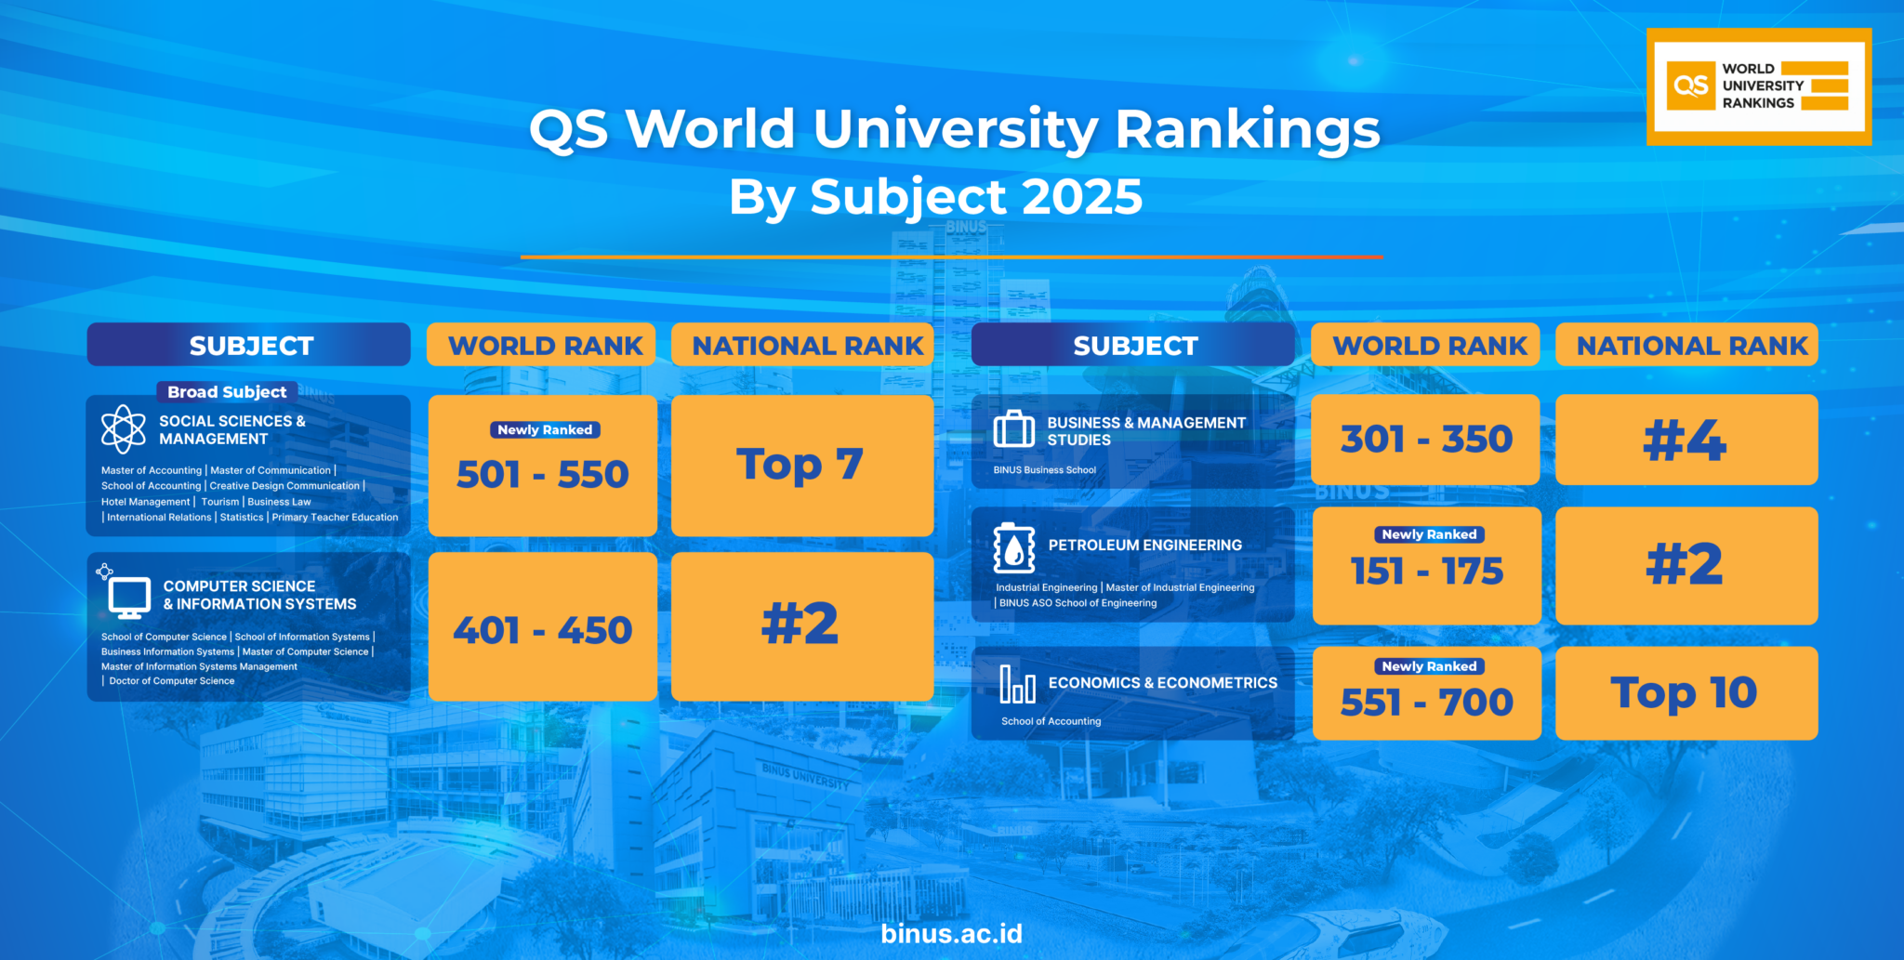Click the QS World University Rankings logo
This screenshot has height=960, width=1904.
pyautogui.click(x=1758, y=86)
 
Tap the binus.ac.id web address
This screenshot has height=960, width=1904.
pyautogui.click(x=951, y=933)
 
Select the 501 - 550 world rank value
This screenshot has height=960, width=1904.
pyautogui.click(x=543, y=475)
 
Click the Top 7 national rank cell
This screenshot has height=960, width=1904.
pyautogui.click(x=800, y=465)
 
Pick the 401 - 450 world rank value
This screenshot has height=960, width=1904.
pyautogui.click(x=543, y=630)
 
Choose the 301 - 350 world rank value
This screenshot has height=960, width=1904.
pyautogui.click(x=1426, y=439)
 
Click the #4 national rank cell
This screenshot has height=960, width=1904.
pyautogui.click(x=1685, y=440)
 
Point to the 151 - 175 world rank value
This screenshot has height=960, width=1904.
pyautogui.click(x=1426, y=571)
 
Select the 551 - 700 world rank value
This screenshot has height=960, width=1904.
pyautogui.click(x=1426, y=702)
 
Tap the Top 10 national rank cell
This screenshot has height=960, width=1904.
pyautogui.click(x=1685, y=692)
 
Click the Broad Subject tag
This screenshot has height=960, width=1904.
pyautogui.click(x=227, y=392)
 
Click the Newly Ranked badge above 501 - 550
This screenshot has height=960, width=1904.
pyautogui.click(x=545, y=429)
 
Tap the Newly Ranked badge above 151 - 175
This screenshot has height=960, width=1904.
pyautogui.click(x=1429, y=534)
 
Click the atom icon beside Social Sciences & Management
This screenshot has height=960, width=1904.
pyautogui.click(x=123, y=429)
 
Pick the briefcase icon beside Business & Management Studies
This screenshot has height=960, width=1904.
pyautogui.click(x=1013, y=430)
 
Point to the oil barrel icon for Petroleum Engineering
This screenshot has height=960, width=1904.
pyautogui.click(x=1013, y=548)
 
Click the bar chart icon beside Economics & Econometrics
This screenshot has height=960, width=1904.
pyautogui.click(x=1017, y=684)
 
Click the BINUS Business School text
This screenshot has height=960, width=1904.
pyautogui.click(x=1044, y=470)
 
